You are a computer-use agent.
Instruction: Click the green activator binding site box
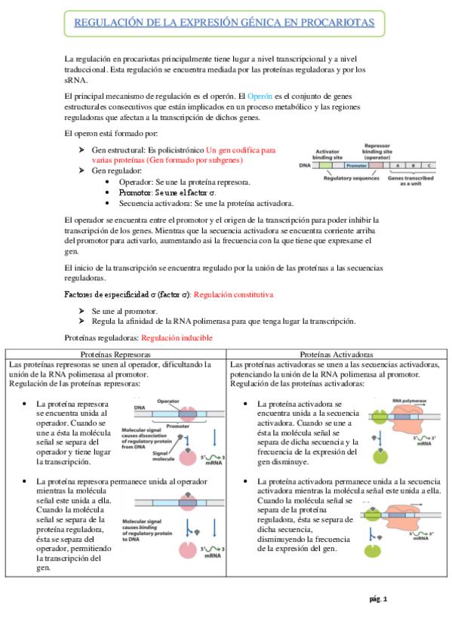(324, 165)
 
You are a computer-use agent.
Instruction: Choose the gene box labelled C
(428, 165)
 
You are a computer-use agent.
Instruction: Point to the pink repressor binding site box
(377, 165)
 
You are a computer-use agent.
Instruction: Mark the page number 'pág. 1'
(378, 599)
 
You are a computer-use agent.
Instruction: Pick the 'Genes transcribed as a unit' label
(412, 180)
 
